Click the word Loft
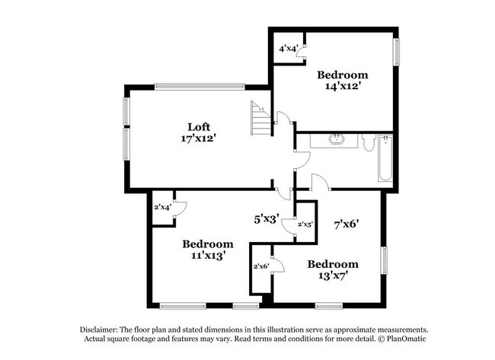[200, 126]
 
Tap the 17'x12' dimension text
[200, 139]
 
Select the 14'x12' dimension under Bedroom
[343, 87]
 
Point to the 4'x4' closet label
[287, 49]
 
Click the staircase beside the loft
[260, 120]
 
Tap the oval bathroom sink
[336, 139]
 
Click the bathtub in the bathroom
[385, 159]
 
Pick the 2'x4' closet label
[162, 207]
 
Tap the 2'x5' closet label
[305, 225]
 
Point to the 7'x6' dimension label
[346, 225]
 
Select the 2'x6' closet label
[261, 266]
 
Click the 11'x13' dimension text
[207, 256]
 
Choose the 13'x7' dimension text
[327, 276]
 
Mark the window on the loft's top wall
[200, 84]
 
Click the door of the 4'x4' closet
[300, 53]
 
